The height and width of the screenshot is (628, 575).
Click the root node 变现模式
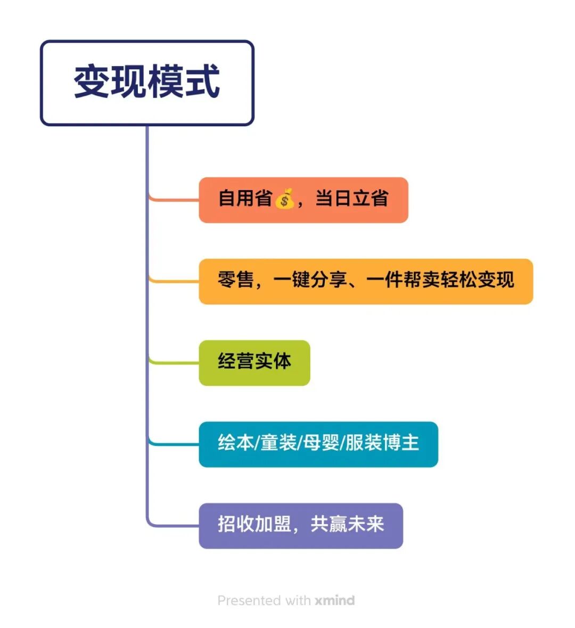pos(147,83)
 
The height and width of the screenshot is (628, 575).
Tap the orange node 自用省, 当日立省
pos(303,200)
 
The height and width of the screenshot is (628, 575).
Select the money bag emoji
pos(284,199)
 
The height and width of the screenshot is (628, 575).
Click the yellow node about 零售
pos(366,281)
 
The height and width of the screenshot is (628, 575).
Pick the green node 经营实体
pos(254,363)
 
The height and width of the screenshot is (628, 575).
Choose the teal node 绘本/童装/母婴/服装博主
pos(318,444)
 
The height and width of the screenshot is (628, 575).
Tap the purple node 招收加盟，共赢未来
pos(301,526)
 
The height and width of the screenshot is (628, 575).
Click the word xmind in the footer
pos(334,600)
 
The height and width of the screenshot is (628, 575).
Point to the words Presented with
pos(264,600)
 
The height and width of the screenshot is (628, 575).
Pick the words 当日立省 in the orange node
pos(351,199)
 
